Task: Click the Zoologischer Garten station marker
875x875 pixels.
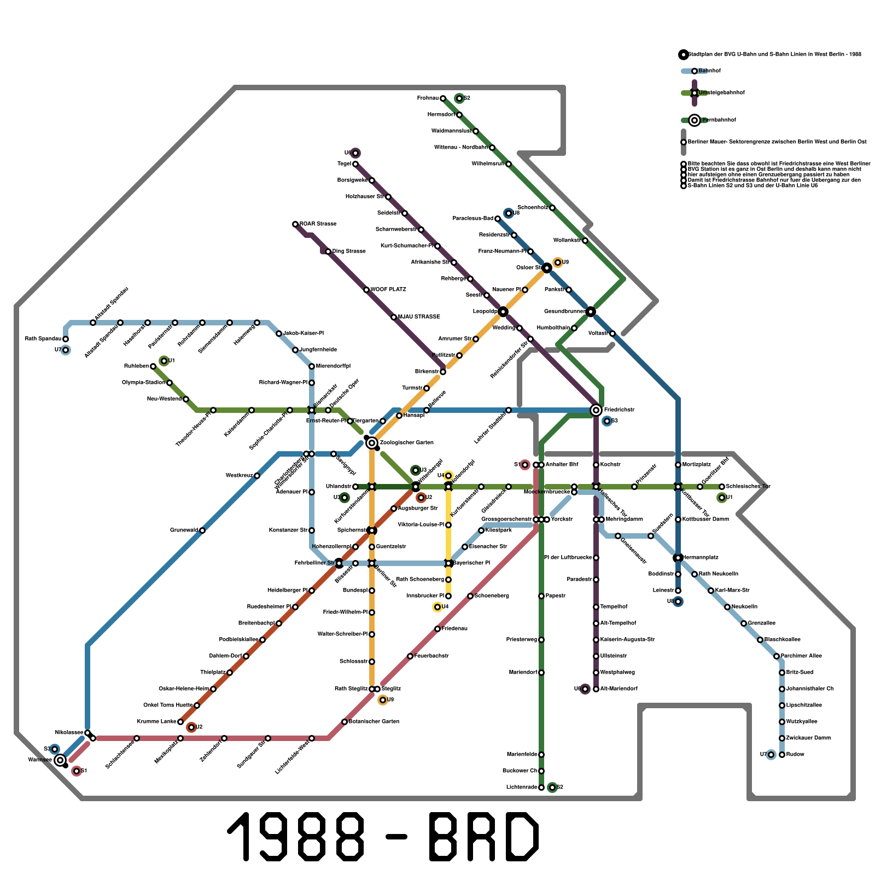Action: click(x=372, y=442)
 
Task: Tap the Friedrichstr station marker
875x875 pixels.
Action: click(x=596, y=410)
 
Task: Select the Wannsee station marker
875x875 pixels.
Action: click(x=60, y=760)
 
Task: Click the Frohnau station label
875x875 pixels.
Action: click(x=428, y=98)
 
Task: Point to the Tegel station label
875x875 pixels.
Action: click(x=344, y=164)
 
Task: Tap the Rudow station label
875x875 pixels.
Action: click(x=795, y=755)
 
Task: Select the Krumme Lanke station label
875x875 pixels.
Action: click(x=156, y=722)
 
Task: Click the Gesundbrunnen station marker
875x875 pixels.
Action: click(x=591, y=312)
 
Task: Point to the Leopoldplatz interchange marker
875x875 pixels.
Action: click(x=503, y=312)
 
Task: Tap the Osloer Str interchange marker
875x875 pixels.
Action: click(x=547, y=268)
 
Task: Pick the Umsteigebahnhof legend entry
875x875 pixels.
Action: click(x=721, y=93)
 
